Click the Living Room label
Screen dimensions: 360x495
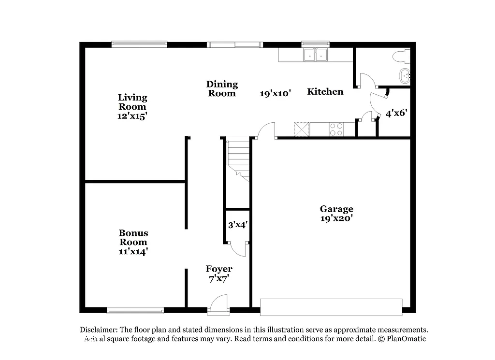(132, 102)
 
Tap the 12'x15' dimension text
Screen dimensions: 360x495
(132, 116)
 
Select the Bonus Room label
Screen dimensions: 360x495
(133, 237)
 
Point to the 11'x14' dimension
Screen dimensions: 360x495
(133, 251)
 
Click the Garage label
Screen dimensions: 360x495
(336, 209)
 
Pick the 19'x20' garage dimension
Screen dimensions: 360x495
(336, 218)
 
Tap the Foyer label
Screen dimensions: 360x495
(219, 269)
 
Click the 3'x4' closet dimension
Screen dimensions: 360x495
(238, 224)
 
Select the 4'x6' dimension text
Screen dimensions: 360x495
(396, 114)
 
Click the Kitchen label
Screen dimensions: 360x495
(325, 91)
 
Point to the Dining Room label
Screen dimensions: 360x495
(222, 88)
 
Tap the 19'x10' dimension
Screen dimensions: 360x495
(275, 94)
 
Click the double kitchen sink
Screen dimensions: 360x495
(315, 55)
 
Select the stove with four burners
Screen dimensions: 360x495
(336, 129)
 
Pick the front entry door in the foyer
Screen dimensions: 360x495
(219, 304)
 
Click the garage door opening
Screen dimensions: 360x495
(331, 307)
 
